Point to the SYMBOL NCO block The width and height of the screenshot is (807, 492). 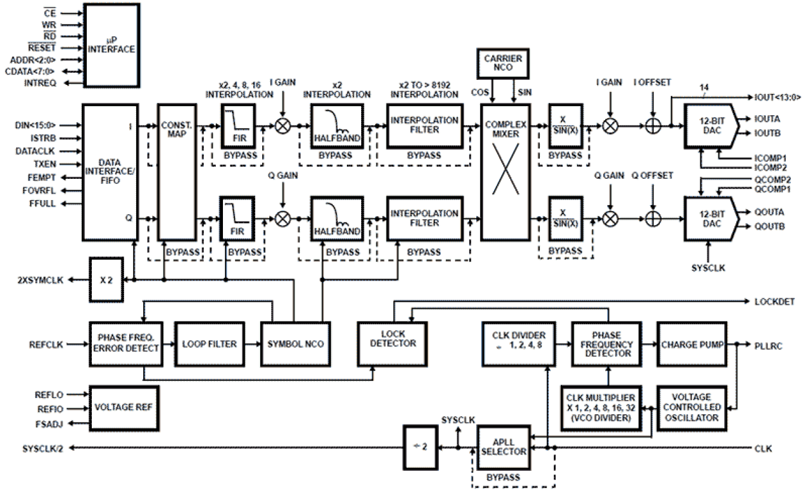tap(293, 344)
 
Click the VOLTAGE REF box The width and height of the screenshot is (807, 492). tap(121, 407)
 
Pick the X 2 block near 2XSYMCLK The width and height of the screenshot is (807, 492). tap(105, 279)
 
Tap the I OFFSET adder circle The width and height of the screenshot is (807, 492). tap(653, 126)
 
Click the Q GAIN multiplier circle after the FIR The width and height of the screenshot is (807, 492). tap(283, 219)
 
